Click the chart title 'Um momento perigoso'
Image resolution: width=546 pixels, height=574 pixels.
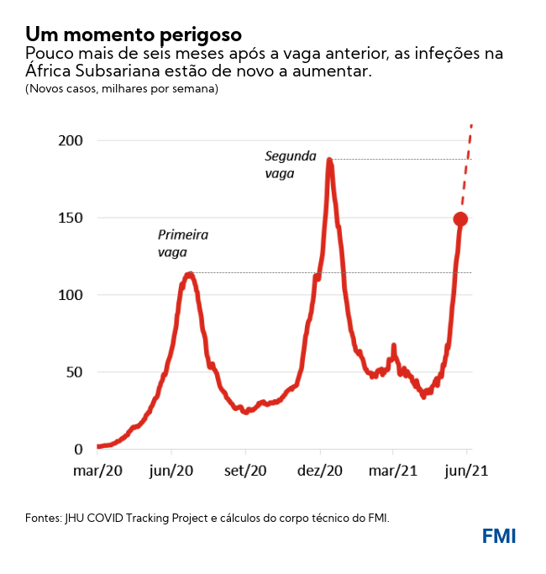coord(134,34)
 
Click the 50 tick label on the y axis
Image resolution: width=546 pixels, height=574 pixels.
coord(75,372)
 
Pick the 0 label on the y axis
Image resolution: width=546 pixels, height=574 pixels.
coord(78,450)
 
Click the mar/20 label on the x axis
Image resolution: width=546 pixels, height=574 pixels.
coord(97,471)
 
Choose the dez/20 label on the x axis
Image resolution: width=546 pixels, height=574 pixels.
coord(319,471)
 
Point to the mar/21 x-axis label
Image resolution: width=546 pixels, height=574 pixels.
coord(393,471)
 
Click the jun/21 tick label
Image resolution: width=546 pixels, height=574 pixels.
coord(466,471)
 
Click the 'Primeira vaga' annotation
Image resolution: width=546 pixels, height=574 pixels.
coord(182,243)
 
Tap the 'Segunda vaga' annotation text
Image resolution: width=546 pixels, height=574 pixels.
coord(290,164)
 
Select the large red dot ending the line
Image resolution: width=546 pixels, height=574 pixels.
coord(460,219)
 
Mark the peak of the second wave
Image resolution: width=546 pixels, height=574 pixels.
coord(329,159)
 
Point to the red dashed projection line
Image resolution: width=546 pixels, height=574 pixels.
coord(467,168)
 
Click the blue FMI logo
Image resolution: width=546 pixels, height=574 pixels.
coord(499,535)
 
